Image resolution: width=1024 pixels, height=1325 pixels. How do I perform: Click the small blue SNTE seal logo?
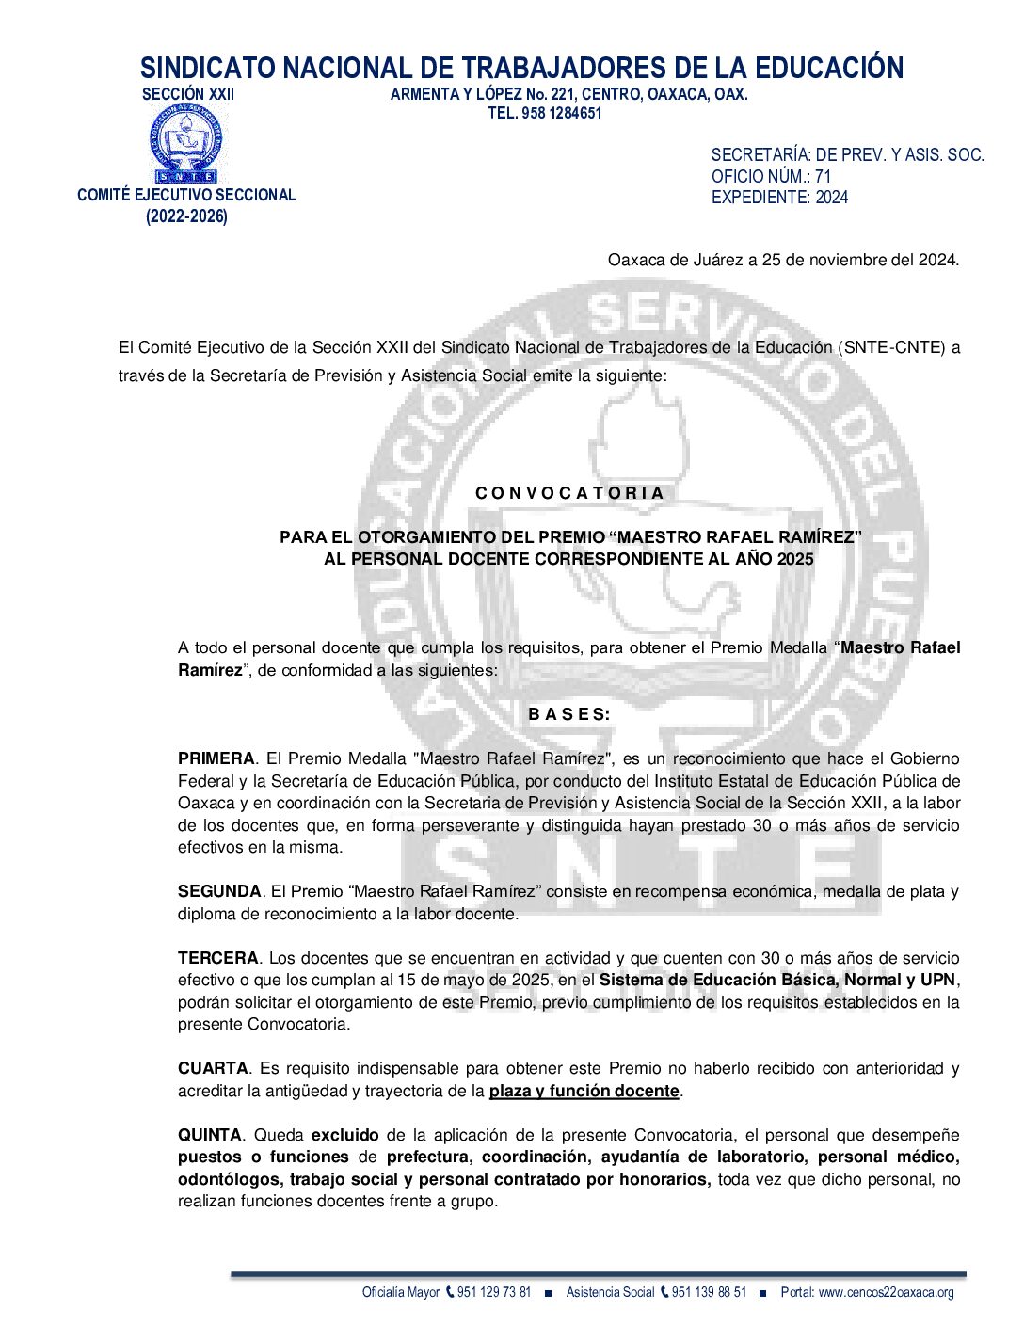point(186,143)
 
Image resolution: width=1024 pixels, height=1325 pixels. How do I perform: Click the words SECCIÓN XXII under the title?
point(188,94)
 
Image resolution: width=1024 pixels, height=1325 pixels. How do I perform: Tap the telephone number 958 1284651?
point(559,113)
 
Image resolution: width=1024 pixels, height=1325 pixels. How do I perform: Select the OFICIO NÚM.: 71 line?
point(771,176)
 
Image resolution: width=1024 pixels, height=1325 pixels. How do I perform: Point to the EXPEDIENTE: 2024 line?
point(779,197)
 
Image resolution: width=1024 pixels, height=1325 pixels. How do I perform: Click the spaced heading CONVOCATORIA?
point(569,493)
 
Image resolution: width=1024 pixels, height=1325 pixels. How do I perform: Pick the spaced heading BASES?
point(569,714)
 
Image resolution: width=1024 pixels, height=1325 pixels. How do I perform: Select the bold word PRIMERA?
point(216,758)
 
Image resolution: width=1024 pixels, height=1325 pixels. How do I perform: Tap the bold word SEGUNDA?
point(219,891)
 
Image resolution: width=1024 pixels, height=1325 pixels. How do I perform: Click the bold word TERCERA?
point(217,958)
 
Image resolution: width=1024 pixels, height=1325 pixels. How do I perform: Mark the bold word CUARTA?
point(213,1068)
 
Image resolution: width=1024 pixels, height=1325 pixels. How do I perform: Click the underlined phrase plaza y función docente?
point(584,1091)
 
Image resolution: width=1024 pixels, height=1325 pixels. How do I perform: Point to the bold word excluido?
point(345,1135)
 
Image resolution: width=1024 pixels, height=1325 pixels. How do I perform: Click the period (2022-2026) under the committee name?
point(186,216)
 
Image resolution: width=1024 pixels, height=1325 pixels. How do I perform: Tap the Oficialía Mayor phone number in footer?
point(493,1292)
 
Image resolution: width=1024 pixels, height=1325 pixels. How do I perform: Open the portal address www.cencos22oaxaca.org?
point(886,1292)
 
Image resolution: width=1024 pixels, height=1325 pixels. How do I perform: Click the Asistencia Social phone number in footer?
point(709,1292)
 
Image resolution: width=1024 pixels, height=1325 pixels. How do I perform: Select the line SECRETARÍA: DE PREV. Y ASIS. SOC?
point(847,155)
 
